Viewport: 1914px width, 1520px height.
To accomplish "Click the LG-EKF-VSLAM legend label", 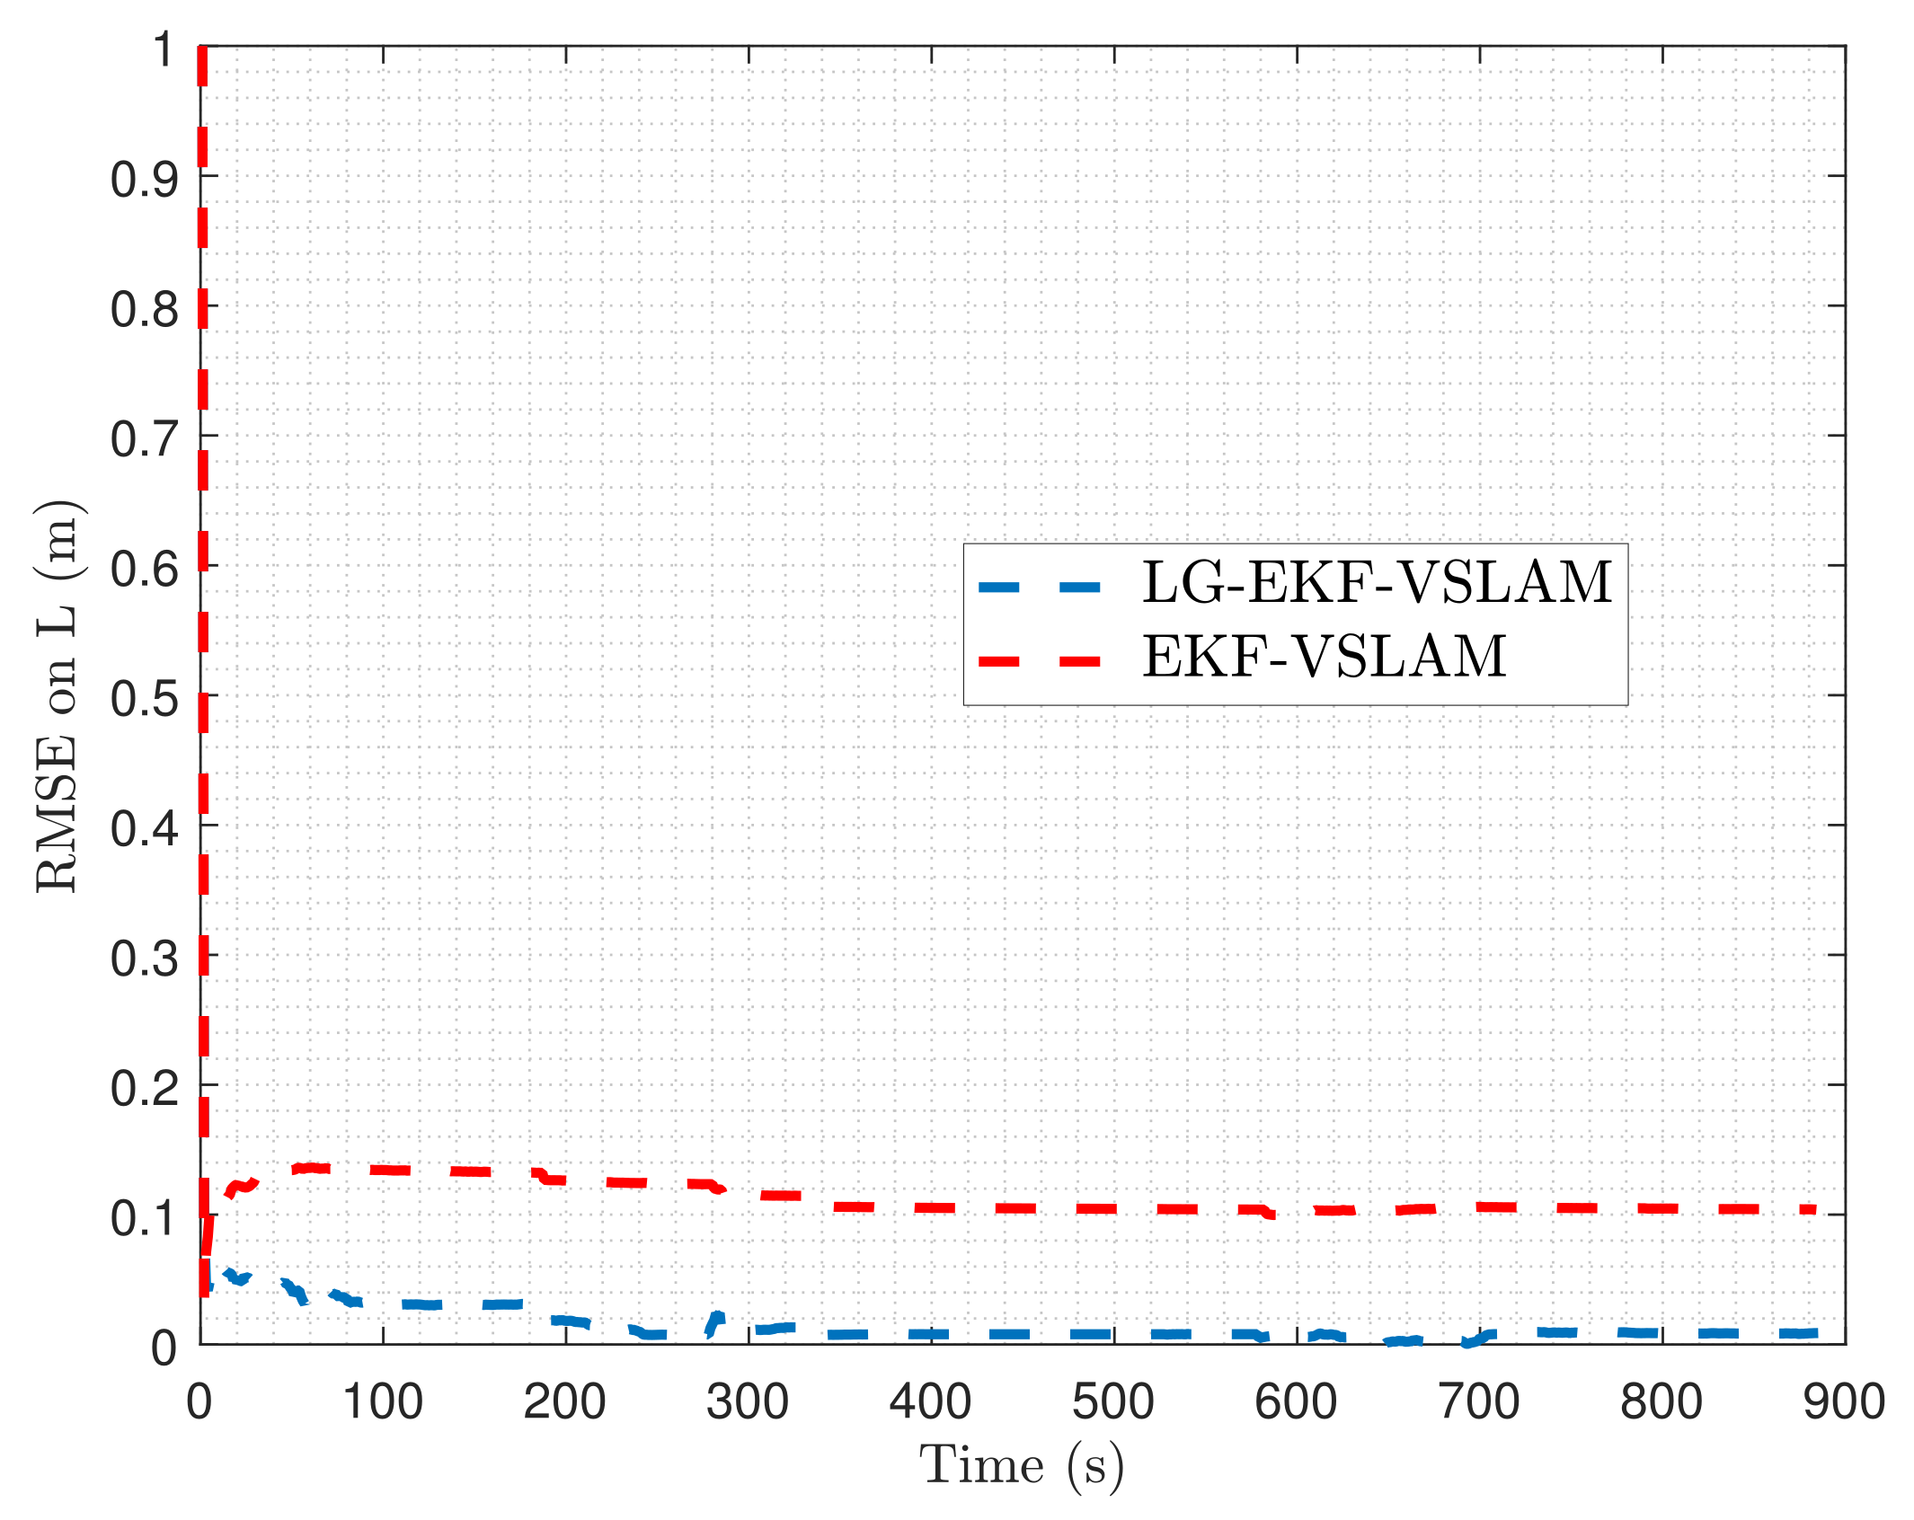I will click(x=1377, y=583).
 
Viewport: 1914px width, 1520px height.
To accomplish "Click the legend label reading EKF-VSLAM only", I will click(x=1324, y=657).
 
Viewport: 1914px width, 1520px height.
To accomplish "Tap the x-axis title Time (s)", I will click(x=1021, y=1466).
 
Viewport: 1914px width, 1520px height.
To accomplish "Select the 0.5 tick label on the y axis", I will click(x=144, y=699).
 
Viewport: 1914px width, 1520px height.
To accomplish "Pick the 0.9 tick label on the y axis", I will click(x=144, y=180).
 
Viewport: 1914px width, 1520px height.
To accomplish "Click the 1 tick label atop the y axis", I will click(x=163, y=49).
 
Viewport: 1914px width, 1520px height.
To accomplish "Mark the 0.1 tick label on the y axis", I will click(x=144, y=1218).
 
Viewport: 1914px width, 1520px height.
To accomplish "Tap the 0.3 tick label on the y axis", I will click(x=144, y=959).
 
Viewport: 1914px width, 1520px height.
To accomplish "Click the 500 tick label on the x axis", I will click(x=1112, y=1401).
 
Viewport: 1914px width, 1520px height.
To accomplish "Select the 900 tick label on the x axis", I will click(x=1843, y=1401).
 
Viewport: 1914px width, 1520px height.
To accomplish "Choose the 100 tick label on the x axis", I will click(x=383, y=1401).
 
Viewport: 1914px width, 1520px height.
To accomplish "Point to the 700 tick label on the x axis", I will click(x=1478, y=1401).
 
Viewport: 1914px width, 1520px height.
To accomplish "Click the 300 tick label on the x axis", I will click(x=748, y=1401).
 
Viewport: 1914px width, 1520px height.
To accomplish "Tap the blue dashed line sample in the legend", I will click(x=1040, y=588).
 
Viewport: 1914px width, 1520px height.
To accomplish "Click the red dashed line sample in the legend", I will click(x=1040, y=662).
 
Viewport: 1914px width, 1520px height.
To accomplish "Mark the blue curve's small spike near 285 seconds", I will click(x=717, y=1319).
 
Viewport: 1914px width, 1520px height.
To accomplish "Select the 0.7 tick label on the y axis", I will click(x=144, y=439).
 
